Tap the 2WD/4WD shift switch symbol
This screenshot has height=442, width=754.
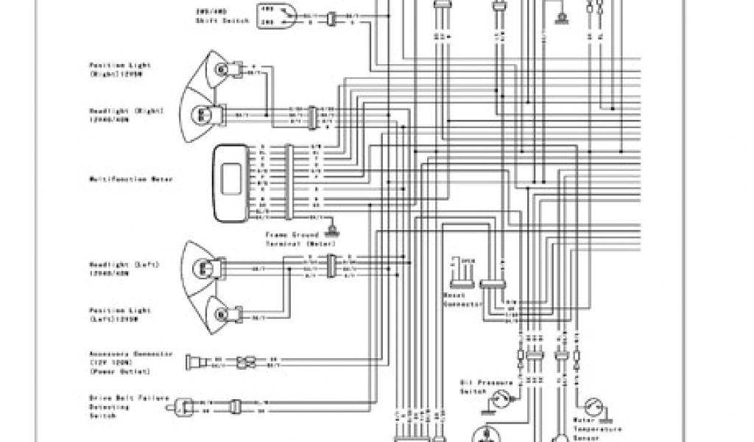[273, 15]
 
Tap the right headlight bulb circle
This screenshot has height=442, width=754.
[201, 114]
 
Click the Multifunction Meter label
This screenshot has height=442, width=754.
[132, 178]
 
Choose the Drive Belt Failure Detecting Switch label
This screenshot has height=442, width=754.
[130, 406]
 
